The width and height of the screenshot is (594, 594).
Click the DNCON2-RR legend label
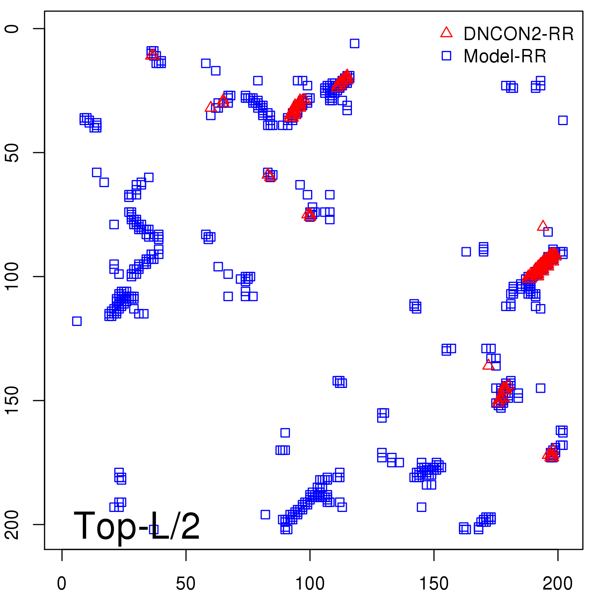[518, 34]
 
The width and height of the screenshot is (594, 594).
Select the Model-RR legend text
[505, 56]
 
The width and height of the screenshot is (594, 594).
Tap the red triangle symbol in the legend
[446, 33]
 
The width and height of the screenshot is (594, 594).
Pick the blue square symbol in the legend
[446, 56]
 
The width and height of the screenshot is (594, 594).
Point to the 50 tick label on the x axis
[186, 583]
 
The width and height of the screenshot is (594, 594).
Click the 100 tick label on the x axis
[310, 583]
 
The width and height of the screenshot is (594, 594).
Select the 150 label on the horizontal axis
[434, 583]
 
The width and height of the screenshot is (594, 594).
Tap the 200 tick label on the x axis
[557, 583]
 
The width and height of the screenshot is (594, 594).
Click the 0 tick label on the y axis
[12, 29]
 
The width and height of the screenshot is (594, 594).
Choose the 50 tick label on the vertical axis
[12, 153]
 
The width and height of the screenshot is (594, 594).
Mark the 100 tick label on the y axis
[12, 277]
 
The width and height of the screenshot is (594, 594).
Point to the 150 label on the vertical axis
[12, 400]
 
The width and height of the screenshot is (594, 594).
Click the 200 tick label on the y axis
[12, 524]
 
